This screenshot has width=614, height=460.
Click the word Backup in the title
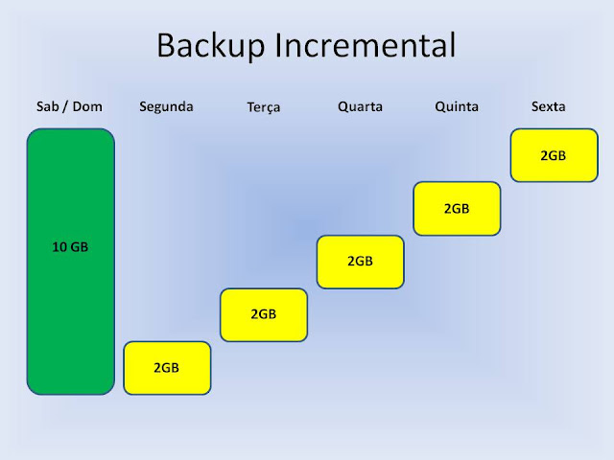[x=211, y=46]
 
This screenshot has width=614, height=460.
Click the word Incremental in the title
[x=366, y=45]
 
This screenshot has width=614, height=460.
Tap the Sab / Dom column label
[x=69, y=106]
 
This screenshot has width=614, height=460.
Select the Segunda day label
[x=166, y=107]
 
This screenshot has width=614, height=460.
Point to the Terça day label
[x=264, y=107]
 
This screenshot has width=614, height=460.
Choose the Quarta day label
[x=360, y=106]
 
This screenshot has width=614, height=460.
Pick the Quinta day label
[x=457, y=106]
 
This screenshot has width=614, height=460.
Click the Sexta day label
[x=548, y=106]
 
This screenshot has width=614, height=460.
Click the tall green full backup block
[x=71, y=262]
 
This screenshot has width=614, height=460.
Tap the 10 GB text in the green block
[x=70, y=247]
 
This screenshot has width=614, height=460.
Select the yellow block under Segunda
[x=167, y=368]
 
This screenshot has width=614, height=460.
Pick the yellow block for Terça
[x=264, y=315]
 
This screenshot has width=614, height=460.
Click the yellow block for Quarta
[x=361, y=262]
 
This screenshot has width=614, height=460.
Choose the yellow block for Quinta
[x=457, y=209]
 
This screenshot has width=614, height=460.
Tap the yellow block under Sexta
[x=555, y=155]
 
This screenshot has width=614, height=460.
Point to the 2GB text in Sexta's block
[x=553, y=155]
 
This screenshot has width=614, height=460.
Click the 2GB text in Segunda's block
[x=166, y=368]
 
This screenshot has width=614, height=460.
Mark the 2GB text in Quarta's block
[x=360, y=261]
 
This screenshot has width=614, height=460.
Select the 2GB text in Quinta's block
[x=457, y=209]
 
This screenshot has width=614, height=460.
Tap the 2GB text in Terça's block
[x=263, y=314]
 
